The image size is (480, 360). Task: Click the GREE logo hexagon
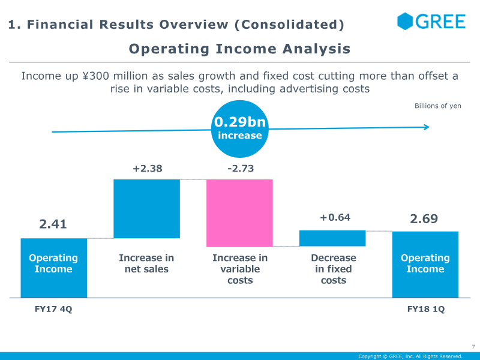[x=405, y=22]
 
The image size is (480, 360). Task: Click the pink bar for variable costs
[x=239, y=213]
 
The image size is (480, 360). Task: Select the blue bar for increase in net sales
[x=146, y=209]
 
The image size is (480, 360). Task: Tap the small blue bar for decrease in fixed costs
[x=332, y=238]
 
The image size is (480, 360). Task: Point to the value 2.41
[x=53, y=224]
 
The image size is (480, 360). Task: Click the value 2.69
[x=424, y=219]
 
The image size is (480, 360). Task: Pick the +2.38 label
[x=147, y=169]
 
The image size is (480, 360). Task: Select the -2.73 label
[x=241, y=169]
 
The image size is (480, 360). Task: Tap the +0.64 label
[x=335, y=217]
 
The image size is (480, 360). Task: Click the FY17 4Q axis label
[x=53, y=309]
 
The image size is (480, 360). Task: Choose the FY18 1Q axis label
[x=426, y=309]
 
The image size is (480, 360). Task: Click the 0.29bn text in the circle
[x=240, y=122]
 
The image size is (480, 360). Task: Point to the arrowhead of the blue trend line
[x=428, y=127]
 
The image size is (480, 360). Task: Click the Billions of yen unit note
[x=438, y=106]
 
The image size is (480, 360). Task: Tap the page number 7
[x=473, y=347]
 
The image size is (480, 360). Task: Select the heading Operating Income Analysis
[x=239, y=49]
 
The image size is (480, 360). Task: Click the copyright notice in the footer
[x=410, y=356]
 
